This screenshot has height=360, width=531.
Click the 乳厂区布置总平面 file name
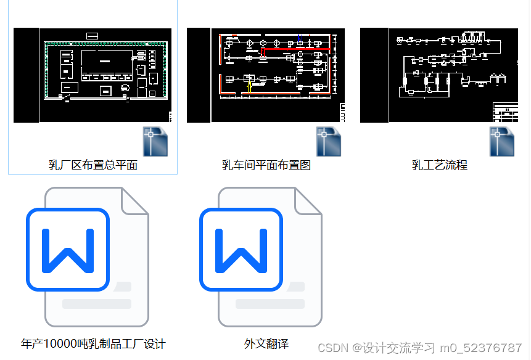tap(93, 165)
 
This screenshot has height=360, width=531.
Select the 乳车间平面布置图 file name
tap(266, 165)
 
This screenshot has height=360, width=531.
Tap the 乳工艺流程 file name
tap(440, 165)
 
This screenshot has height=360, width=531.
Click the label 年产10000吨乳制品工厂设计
tap(93, 344)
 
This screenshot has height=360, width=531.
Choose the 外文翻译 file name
tap(266, 344)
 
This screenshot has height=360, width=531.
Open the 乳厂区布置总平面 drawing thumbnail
tap(93, 75)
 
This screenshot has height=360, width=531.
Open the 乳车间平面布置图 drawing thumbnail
tap(266, 75)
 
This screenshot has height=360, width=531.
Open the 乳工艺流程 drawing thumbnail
tap(439, 75)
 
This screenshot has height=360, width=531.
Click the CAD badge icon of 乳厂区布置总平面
tap(155, 141)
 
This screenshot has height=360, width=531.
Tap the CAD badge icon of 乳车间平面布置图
tap(329, 141)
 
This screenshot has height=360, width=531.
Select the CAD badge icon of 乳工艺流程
tap(502, 141)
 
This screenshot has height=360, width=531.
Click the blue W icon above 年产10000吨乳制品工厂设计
tap(67, 250)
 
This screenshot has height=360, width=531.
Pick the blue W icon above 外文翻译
tap(241, 250)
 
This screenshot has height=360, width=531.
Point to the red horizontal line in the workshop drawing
tap(296, 48)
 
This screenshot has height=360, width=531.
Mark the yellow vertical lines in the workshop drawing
tap(249, 87)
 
